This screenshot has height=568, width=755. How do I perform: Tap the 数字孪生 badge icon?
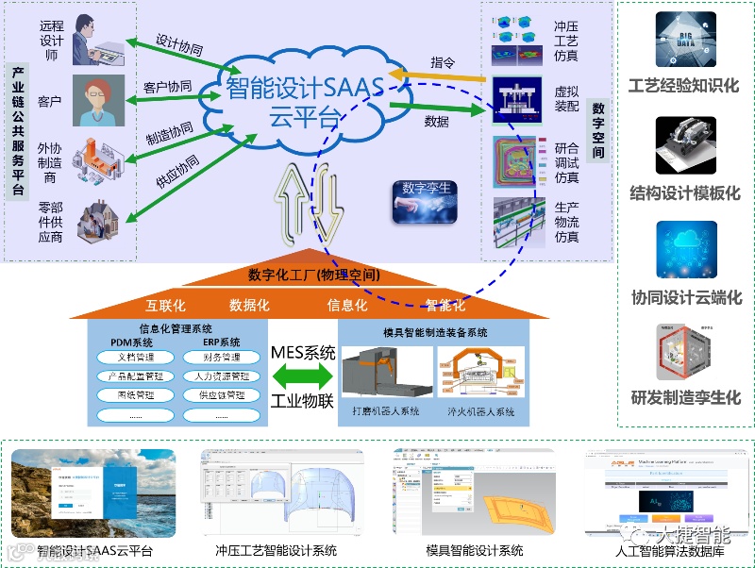coord(426,200)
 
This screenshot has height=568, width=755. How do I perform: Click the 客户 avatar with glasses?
coord(98,100)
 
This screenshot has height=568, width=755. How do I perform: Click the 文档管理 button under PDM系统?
coord(137,358)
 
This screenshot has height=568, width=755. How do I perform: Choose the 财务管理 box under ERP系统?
coord(220,358)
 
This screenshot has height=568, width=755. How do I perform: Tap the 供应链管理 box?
coord(220,395)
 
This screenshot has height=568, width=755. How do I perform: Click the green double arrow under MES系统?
coord(302,376)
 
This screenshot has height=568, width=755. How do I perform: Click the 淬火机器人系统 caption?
coord(481,411)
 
